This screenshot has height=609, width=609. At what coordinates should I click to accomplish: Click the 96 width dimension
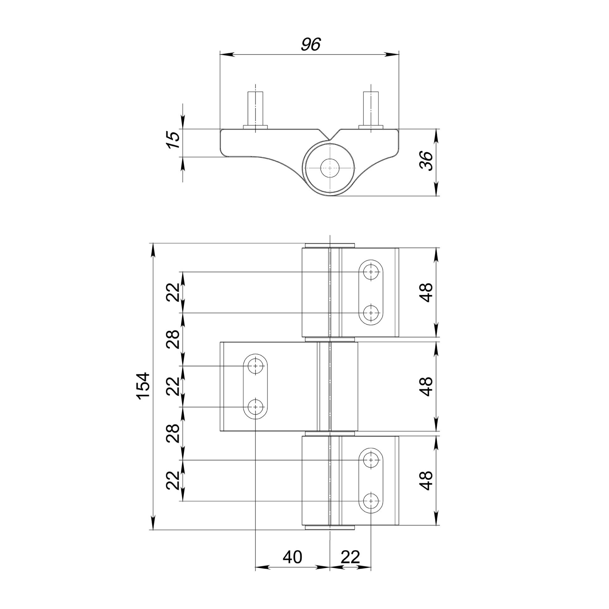coord(310,45)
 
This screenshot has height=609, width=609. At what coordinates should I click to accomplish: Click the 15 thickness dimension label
coord(173,140)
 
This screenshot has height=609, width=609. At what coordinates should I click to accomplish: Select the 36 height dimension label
coord(427,161)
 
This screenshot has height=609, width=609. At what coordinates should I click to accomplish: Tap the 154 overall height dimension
coord(143,386)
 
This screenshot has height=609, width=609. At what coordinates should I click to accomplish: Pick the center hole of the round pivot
coord(329,168)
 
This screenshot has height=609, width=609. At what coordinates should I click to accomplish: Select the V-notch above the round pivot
coord(329,136)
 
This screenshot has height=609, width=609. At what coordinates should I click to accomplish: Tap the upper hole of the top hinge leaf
coord(371,272)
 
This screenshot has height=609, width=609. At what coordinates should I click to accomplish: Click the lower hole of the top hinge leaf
coord(371,313)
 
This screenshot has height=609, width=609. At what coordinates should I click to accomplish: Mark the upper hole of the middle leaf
coord(255,366)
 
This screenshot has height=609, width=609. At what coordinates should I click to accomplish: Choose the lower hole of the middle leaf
coord(255,407)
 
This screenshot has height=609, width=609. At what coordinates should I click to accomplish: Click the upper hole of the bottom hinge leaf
coord(371,460)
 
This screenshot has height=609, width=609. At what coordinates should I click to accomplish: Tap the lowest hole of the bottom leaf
coord(371,501)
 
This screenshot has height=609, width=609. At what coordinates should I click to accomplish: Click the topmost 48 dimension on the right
coord(427,293)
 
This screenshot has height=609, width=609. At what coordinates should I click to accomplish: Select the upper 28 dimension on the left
coord(173,339)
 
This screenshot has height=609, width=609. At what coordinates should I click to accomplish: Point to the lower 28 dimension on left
coord(173,433)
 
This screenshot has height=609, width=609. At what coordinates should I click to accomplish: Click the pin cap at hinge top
coord(330,245)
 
